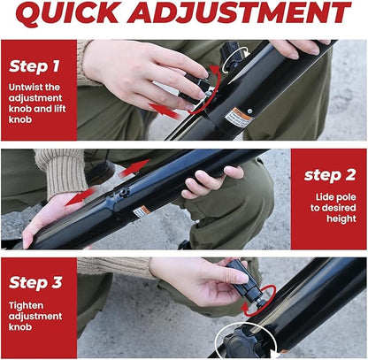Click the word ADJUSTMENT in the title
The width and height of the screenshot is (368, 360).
pos(239,13)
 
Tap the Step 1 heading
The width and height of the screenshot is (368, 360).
pos(34,66)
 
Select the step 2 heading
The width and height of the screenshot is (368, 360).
pos(330,175)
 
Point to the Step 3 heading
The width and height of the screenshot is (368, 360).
pos(35,283)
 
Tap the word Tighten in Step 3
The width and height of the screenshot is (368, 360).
pos(26,306)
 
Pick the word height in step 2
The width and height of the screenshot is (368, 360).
pos(341,218)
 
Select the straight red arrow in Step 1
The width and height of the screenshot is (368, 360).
pos(165,111)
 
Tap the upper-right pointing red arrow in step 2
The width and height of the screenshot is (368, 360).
pos(134,168)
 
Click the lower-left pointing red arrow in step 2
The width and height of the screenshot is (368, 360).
pos(80,196)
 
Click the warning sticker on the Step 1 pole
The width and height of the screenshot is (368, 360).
pos(239,117)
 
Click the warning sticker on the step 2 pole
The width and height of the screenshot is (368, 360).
pos(141,211)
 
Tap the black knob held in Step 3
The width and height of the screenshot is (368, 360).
pos(246,281)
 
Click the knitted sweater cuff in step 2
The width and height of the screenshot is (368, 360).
pos(62,171)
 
